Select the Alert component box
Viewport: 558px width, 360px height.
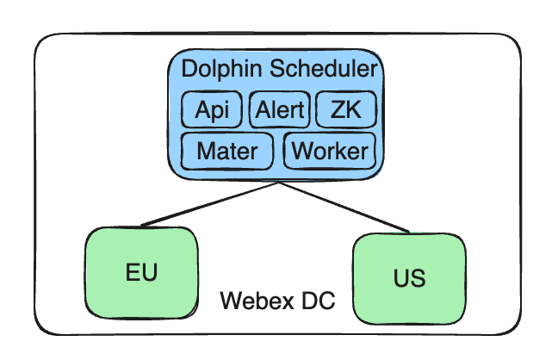279,110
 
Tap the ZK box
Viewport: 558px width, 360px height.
346,110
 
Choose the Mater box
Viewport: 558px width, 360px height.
227,152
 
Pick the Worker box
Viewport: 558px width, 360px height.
330,152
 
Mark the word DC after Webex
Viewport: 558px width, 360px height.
315,301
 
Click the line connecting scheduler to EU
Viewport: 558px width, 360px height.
207,205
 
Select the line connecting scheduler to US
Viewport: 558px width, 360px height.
344,208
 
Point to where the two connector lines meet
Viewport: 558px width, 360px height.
276,183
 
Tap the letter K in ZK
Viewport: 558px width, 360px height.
354,110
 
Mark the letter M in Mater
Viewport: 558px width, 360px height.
206,152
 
